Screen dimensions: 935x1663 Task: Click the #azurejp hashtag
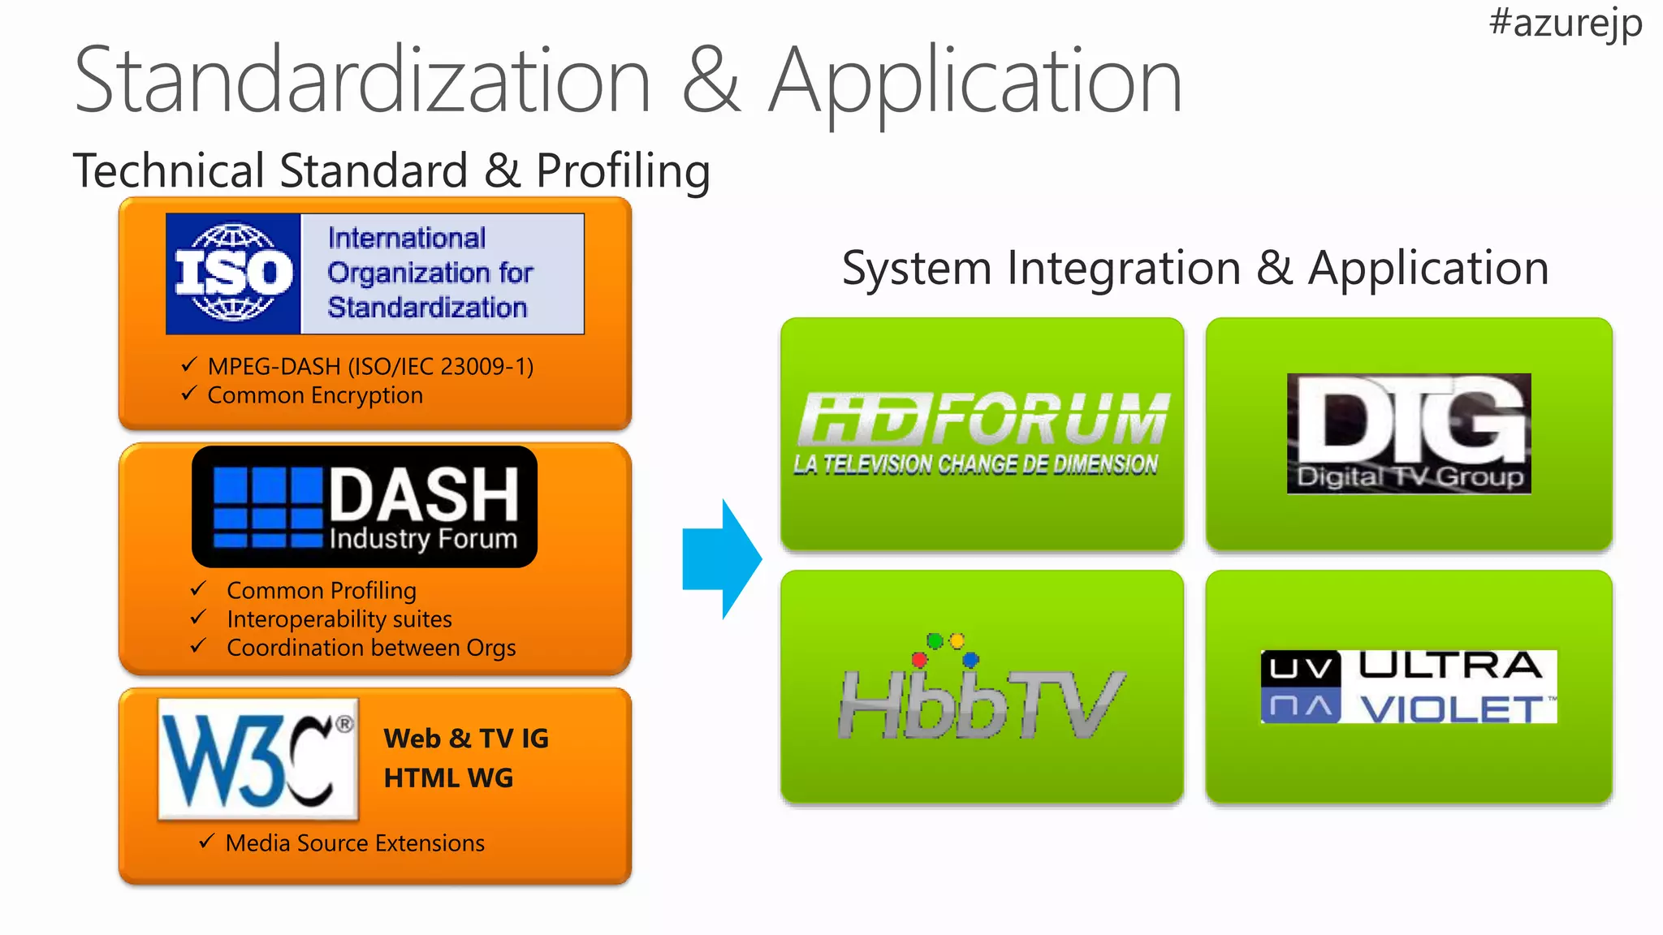pyautogui.click(x=1565, y=23)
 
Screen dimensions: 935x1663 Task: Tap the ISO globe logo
pyautogui.click(x=234, y=274)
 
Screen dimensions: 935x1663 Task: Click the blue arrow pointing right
pyautogui.click(x=722, y=559)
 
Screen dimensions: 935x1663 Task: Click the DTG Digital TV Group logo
pyautogui.click(x=1409, y=433)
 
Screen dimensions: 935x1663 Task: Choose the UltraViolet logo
pyautogui.click(x=1409, y=687)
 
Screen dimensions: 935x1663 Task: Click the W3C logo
pyautogui.click(x=258, y=759)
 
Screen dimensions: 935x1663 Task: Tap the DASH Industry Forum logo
pyautogui.click(x=365, y=506)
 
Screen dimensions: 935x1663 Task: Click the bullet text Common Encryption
pyautogui.click(x=315, y=395)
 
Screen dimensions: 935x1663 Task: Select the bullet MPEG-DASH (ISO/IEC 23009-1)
pyautogui.click(x=370, y=367)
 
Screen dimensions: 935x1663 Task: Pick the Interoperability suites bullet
pyautogui.click(x=339, y=619)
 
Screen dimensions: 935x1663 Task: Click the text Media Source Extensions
pyautogui.click(x=355, y=843)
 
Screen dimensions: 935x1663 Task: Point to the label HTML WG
pyautogui.click(x=448, y=778)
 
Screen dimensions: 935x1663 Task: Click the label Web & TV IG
pyautogui.click(x=466, y=739)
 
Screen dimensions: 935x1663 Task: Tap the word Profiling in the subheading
pyautogui.click(x=623, y=170)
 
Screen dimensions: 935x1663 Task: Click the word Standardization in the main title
pyautogui.click(x=362, y=81)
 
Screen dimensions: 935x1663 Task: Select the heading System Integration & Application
pyautogui.click(x=1195, y=268)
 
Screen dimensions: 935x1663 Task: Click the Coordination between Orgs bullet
pyautogui.click(x=371, y=648)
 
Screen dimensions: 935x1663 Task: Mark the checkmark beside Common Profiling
pyautogui.click(x=198, y=588)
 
